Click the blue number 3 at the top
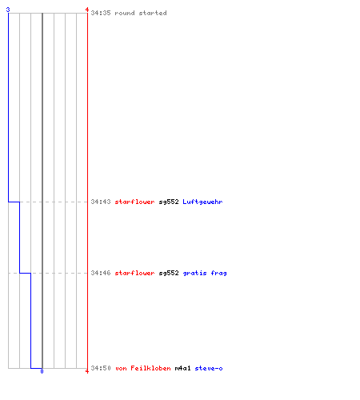click(8, 10)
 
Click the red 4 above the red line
click(87, 10)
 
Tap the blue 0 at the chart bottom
click(42, 371)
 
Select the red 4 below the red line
click(87, 371)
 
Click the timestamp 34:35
click(101, 13)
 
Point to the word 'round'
click(125, 13)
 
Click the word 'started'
click(153, 13)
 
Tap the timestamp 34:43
click(101, 202)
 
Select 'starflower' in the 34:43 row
click(134, 202)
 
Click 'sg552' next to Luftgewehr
click(169, 202)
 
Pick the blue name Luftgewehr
click(202, 202)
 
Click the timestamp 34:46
click(101, 273)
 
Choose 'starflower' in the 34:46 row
click(134, 273)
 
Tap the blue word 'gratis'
click(194, 273)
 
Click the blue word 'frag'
click(218, 273)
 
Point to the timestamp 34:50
click(101, 368)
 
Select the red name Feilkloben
click(150, 368)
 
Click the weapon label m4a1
click(183, 368)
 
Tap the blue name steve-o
click(209, 368)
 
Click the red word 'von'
click(121, 368)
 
